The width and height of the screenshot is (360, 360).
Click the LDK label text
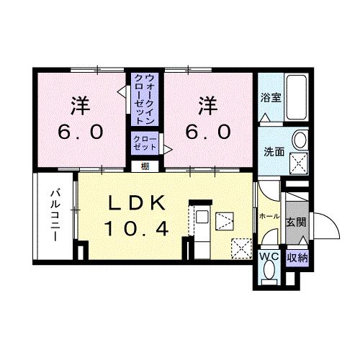[138, 203]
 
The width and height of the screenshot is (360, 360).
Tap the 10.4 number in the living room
[136, 228]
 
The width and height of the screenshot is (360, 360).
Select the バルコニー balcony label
[55, 215]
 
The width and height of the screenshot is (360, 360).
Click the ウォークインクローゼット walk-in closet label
[145, 99]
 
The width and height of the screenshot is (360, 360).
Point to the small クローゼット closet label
[145, 143]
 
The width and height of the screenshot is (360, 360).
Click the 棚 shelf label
[145, 166]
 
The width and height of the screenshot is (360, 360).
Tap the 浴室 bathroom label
[271, 97]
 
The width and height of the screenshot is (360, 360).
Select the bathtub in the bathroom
[297, 97]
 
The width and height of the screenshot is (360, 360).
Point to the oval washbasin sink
[300, 140]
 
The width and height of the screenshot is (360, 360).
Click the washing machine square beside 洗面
[298, 163]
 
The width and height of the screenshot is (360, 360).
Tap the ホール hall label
[269, 216]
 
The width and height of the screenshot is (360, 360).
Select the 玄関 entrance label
[297, 222]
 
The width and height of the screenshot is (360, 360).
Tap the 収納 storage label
[297, 258]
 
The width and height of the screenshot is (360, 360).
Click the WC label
[269, 257]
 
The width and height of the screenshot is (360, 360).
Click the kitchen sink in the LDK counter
[202, 217]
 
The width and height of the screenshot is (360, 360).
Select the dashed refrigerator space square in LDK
[241, 248]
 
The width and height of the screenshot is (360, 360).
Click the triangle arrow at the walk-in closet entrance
[122, 91]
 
